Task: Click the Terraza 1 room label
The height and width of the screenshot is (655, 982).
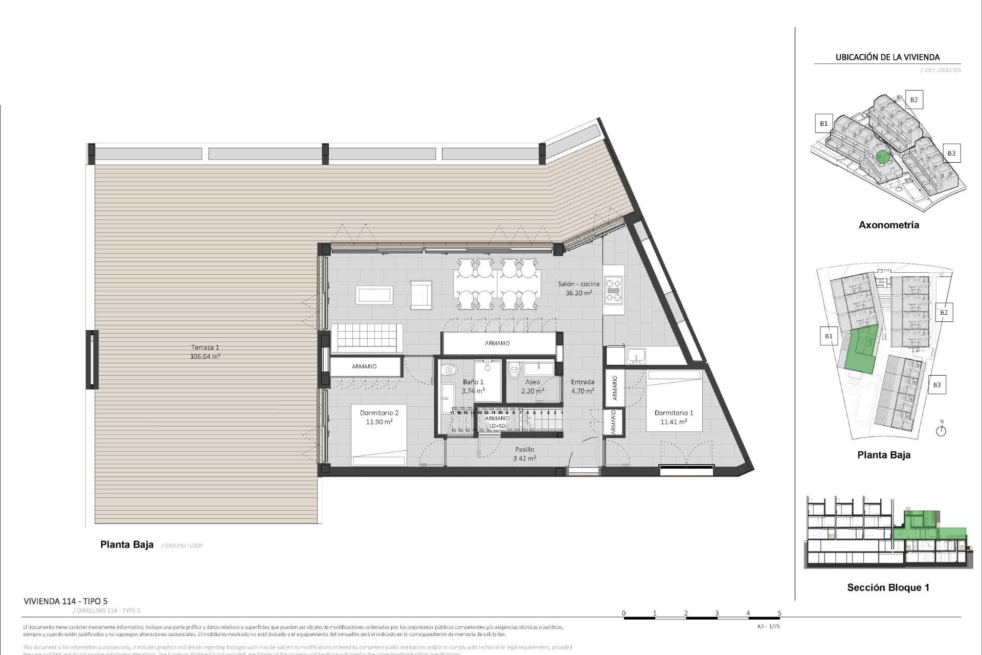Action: tap(205, 347)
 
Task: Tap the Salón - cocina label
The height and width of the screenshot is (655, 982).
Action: tap(578, 284)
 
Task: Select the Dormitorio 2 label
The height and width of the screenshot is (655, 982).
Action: tap(379, 413)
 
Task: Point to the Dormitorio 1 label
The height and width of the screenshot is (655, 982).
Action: tap(674, 413)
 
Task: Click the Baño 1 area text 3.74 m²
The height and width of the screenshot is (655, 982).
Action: tap(473, 391)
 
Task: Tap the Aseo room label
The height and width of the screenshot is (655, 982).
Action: tap(532, 382)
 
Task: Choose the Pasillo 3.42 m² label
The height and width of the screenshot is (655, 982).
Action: tap(524, 454)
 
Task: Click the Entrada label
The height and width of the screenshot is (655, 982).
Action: tap(583, 382)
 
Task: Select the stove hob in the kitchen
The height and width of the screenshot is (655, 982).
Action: tap(613, 290)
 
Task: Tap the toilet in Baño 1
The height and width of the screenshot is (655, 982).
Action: tap(449, 369)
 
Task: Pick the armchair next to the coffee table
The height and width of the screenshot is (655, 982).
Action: tap(421, 295)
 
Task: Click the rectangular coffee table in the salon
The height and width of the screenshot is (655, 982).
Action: tap(374, 295)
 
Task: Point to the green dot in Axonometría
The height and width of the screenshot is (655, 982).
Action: tap(881, 157)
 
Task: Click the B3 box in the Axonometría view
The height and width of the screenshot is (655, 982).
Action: tap(951, 153)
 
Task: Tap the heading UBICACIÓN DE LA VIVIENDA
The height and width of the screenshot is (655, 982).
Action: tap(887, 57)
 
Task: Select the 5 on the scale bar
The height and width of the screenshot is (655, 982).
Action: tap(779, 613)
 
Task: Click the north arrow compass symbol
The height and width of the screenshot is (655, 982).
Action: tap(941, 430)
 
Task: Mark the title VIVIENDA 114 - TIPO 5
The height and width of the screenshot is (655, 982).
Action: tap(65, 601)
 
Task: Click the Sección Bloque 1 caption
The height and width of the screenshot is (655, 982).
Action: tap(888, 587)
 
